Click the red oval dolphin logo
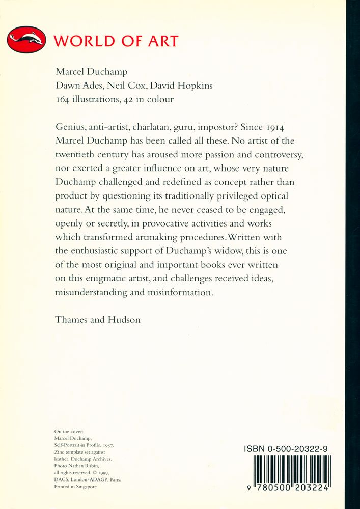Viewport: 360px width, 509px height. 26,40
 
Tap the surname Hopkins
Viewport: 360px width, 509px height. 195,86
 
